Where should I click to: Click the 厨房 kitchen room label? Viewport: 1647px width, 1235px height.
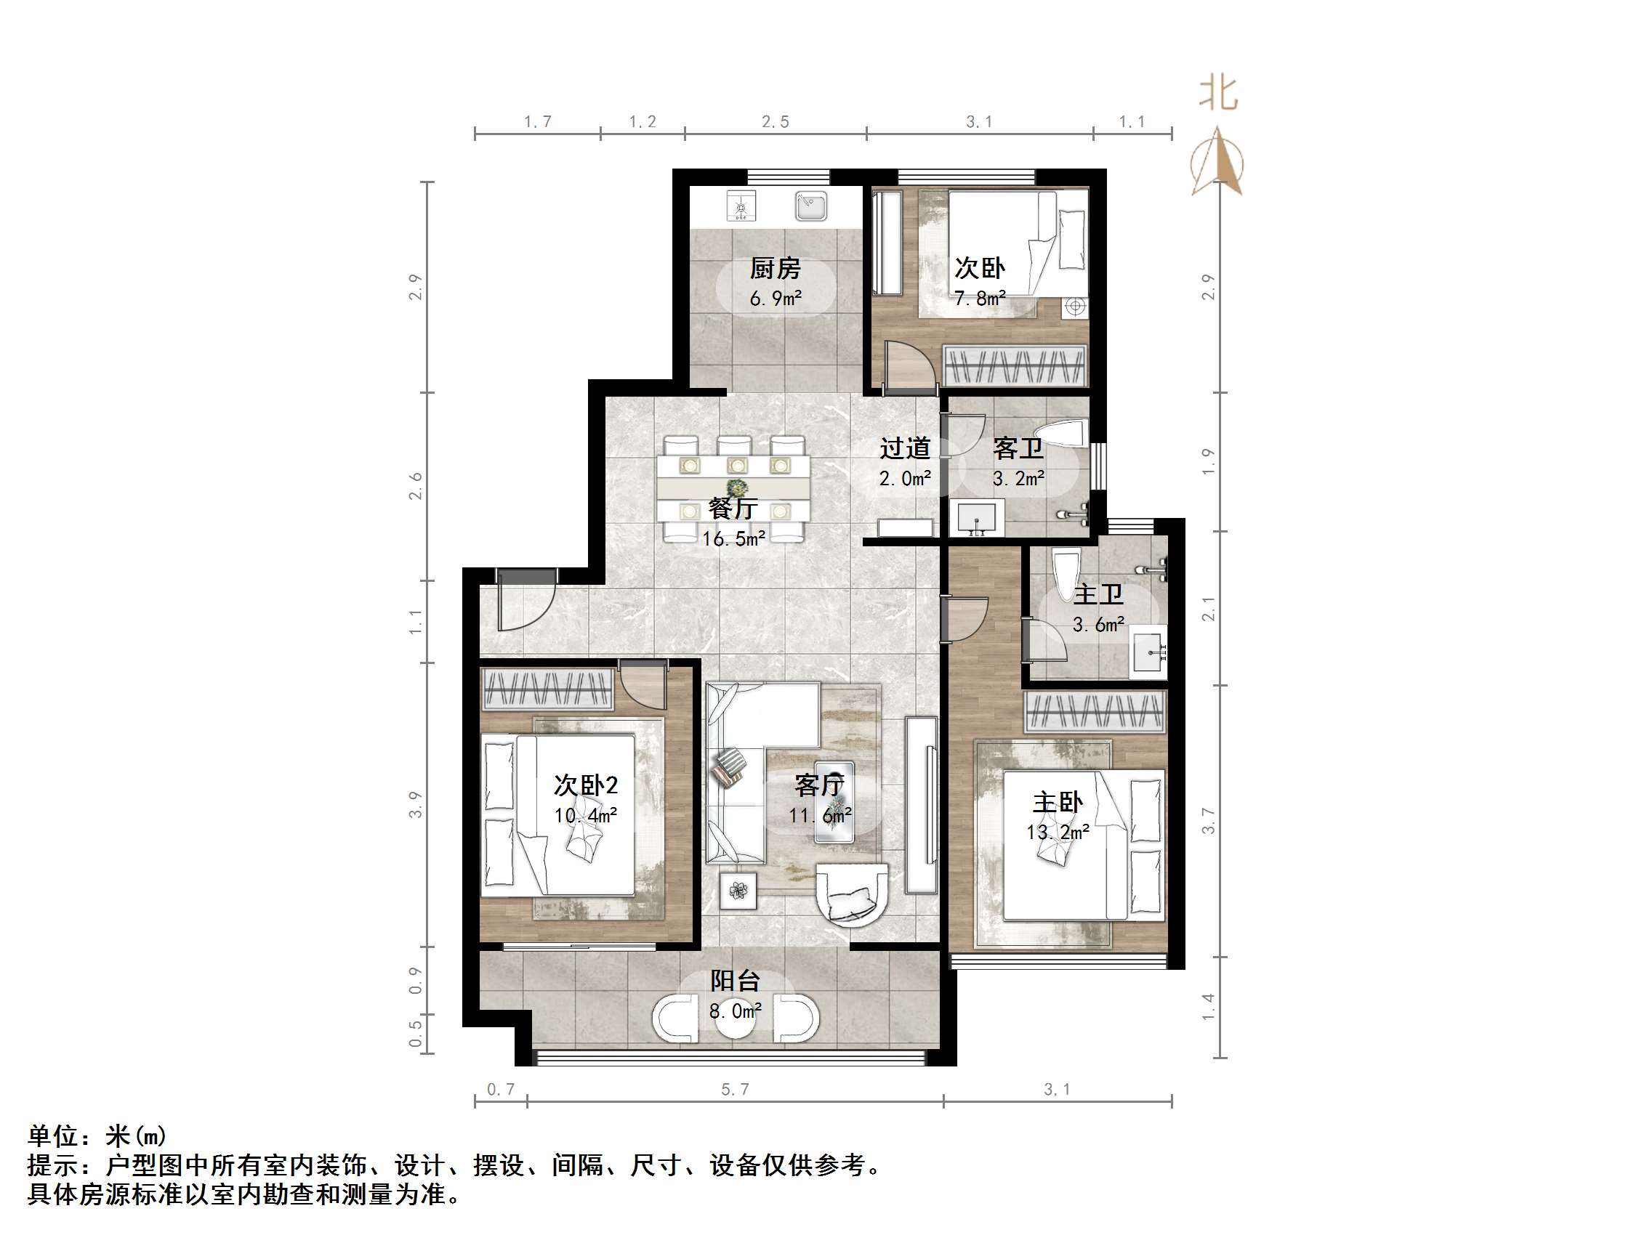tap(774, 268)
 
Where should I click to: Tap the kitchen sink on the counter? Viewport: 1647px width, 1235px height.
tap(810, 206)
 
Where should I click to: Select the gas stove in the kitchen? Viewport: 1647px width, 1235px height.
tap(741, 206)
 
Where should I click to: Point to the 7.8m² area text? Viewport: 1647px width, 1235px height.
tap(980, 299)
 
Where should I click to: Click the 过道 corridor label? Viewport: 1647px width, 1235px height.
tap(905, 448)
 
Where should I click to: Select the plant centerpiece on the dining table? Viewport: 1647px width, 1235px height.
tap(737, 488)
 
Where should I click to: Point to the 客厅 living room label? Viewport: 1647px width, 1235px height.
tap(819, 785)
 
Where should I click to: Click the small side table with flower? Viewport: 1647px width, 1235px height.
tap(738, 891)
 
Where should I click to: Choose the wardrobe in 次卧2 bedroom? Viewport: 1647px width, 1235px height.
tap(548, 689)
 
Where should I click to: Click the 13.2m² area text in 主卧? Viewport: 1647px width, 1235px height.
tap(1058, 832)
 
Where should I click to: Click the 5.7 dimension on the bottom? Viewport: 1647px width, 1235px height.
tap(735, 1090)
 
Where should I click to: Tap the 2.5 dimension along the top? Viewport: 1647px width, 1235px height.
tap(775, 122)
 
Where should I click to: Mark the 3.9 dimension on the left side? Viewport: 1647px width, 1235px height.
tap(416, 805)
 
